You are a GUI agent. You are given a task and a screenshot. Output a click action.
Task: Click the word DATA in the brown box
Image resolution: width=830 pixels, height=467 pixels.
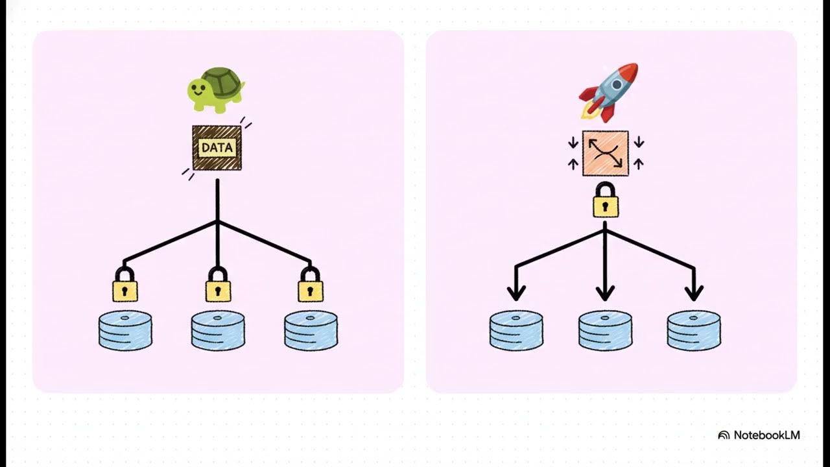coord(217,148)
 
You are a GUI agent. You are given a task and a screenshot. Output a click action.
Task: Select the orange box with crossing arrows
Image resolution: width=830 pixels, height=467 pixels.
coord(605,153)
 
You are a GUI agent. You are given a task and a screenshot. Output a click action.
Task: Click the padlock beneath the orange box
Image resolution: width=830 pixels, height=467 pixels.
coord(605,201)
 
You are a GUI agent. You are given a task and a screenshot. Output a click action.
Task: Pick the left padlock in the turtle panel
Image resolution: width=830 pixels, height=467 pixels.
coord(124,286)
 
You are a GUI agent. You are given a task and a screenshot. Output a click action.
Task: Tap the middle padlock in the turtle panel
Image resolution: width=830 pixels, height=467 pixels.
coord(218,286)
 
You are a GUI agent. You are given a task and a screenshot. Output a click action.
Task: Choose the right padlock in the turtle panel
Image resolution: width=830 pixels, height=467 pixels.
coord(311,286)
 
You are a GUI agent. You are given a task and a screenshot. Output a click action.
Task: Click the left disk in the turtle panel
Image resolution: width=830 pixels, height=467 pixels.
coord(125,331)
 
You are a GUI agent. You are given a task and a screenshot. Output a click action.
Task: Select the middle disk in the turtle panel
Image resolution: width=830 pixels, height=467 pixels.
coord(218,331)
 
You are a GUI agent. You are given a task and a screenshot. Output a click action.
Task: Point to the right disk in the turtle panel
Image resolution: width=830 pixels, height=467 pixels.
coord(311,331)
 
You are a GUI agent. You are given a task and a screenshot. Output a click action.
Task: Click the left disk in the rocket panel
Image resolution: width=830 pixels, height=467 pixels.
coord(516,331)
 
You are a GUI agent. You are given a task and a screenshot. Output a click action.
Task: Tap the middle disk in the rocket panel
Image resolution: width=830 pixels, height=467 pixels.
coord(605,331)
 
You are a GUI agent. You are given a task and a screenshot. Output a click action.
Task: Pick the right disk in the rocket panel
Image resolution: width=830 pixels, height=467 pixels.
coord(694,331)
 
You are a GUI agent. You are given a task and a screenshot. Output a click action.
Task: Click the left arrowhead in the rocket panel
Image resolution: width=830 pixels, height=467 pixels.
coord(516,293)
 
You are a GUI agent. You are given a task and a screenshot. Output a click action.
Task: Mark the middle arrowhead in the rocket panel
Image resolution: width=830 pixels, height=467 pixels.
coord(605,293)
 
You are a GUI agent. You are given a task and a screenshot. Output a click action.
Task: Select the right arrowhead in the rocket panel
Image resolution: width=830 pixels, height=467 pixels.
coord(694,293)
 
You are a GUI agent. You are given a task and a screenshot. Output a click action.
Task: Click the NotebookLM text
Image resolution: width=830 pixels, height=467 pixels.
coord(766,435)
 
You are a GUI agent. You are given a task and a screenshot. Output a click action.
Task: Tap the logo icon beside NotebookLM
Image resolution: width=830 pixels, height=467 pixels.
coord(724,435)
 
